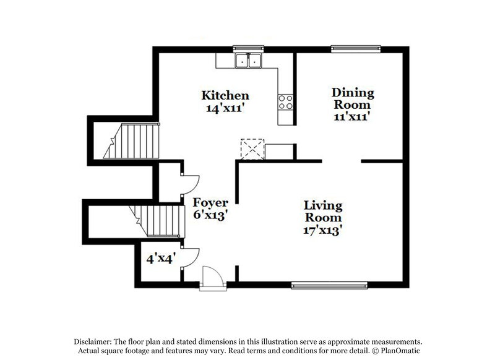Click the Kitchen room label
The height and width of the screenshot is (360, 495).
225,95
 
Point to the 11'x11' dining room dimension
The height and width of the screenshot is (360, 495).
351,116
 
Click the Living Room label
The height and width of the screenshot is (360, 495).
323,212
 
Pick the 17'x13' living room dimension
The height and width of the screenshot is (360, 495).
323,229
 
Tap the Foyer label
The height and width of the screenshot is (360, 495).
210,202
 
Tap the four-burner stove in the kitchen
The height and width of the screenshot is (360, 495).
285,101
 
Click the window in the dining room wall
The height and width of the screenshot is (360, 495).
355,48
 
